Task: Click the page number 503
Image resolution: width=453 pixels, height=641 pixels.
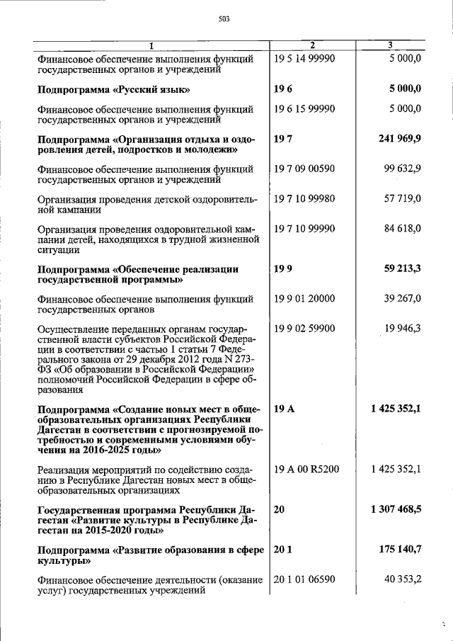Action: coord(224,19)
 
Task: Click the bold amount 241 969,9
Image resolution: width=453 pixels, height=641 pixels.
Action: coord(398,139)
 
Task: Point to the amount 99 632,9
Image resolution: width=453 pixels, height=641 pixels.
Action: coord(403,169)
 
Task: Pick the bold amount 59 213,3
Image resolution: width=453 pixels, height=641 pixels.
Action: coord(401,269)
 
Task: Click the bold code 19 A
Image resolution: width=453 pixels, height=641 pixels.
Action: coord(283,409)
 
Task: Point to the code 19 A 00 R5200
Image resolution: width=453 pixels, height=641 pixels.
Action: coord(306,468)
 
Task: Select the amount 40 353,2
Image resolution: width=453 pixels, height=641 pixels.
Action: coord(403,579)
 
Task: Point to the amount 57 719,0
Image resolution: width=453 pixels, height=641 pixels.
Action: coord(403,199)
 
